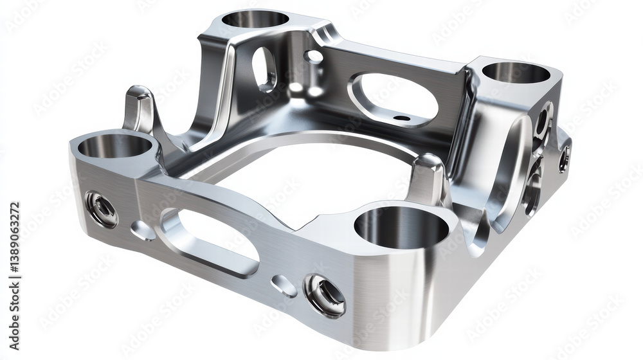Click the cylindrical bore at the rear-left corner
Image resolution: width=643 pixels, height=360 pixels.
tap(255, 19)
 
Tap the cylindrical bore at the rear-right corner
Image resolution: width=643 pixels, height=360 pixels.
tap(516, 72)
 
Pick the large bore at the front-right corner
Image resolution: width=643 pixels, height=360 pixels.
tap(401, 228)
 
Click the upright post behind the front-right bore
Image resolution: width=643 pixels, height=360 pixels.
tap(428, 179)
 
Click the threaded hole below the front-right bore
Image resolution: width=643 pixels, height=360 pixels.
tap(325, 295)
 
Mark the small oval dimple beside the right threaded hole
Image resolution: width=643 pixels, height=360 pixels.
tap(283, 285)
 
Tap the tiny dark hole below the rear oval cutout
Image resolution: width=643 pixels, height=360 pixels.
tap(401, 118)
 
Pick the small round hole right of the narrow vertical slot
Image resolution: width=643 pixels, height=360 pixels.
tap(314, 57)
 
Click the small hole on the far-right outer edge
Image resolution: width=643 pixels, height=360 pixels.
tap(564, 158)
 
